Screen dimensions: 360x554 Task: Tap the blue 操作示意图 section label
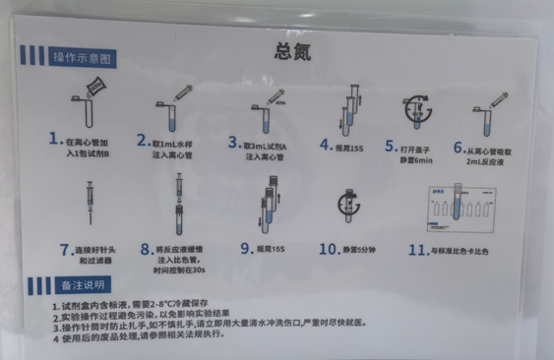tap(83, 59)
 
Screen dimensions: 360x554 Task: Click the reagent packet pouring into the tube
tap(95, 92)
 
